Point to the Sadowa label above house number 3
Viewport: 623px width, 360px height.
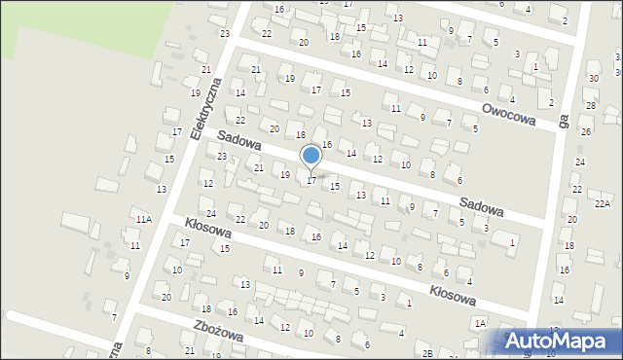(x=482, y=208)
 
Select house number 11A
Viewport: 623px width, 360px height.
(x=143, y=220)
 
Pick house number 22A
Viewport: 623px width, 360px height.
(x=604, y=203)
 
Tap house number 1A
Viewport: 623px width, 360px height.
(x=479, y=322)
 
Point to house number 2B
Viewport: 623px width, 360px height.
(x=428, y=353)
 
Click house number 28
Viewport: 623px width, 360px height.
(x=590, y=104)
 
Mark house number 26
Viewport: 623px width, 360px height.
(x=585, y=131)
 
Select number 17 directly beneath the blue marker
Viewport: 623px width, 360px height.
(x=311, y=180)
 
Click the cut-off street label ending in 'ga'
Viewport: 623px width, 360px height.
(x=564, y=123)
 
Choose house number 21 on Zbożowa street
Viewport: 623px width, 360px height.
(x=189, y=350)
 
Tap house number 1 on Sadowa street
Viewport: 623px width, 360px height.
(x=512, y=241)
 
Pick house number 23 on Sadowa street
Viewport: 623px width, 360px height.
(x=222, y=156)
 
